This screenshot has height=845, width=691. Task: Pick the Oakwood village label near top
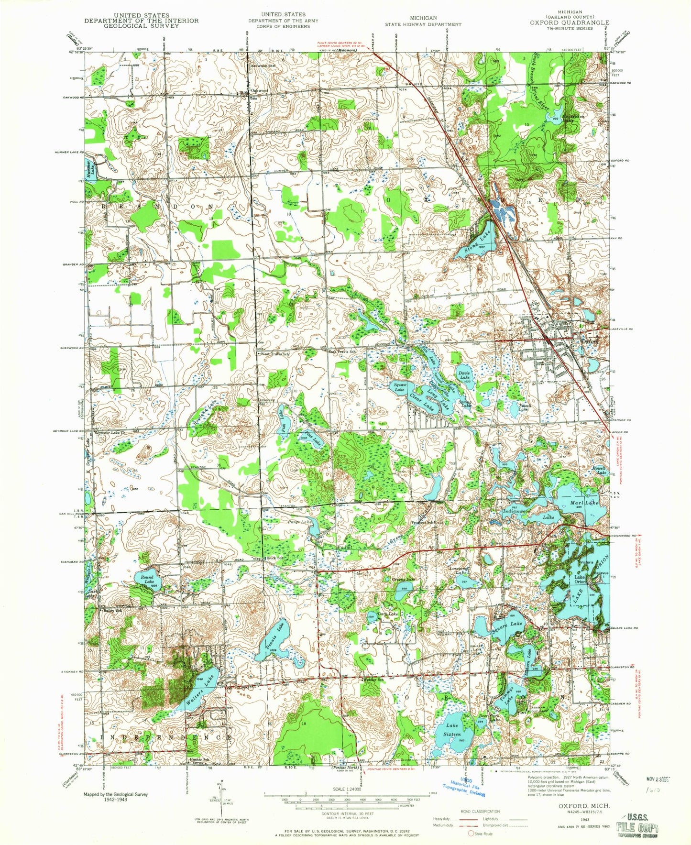pyautogui.click(x=258, y=90)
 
